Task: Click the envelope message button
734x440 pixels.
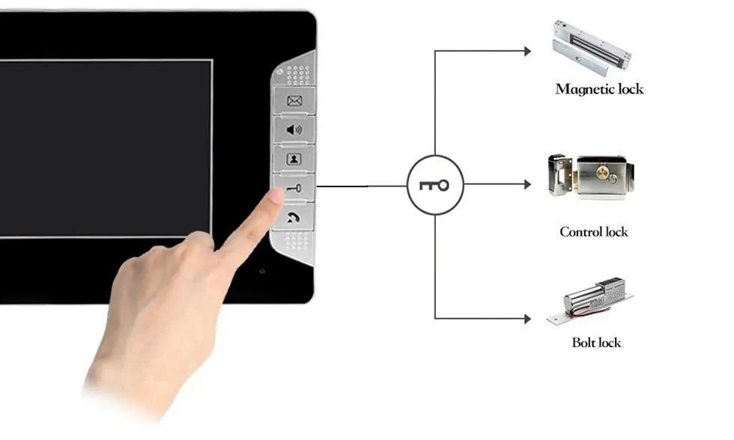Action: click(x=294, y=100)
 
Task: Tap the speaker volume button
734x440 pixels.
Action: click(x=294, y=129)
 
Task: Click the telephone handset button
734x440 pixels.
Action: click(x=294, y=217)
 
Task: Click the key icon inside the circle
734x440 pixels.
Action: click(x=434, y=185)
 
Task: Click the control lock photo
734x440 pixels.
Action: click(x=591, y=177)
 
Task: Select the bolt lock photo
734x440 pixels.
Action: click(x=590, y=301)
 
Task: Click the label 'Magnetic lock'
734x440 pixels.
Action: click(x=599, y=89)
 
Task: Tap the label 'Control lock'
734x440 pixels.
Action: click(x=593, y=231)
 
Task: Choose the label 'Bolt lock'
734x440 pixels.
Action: click(x=596, y=342)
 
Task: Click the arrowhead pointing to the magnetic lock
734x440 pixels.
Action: click(x=527, y=51)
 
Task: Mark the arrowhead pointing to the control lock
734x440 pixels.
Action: click(x=527, y=184)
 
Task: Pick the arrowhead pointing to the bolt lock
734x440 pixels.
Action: click(x=527, y=319)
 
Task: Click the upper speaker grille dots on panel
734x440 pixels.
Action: click(x=298, y=75)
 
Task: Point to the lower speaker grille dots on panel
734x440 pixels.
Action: click(x=297, y=242)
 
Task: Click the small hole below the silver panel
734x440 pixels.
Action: click(x=262, y=271)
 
